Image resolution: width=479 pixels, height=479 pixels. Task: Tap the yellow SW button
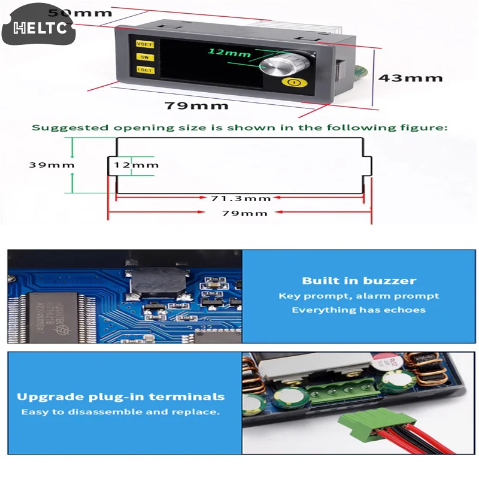tap(144, 57)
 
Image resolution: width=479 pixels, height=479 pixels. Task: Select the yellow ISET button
tap(145, 70)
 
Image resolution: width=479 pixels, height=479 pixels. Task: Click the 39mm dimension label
tap(52, 165)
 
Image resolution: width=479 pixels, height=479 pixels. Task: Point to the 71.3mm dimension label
tap(241, 198)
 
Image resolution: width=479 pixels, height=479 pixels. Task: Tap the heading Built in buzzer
tap(359, 281)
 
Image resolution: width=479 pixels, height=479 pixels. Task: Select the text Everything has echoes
tap(359, 310)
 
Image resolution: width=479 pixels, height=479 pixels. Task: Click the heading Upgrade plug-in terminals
tap(121, 396)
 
